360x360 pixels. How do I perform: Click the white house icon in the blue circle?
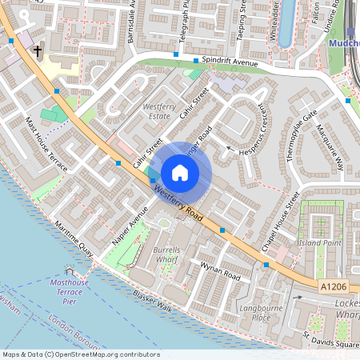(180, 172)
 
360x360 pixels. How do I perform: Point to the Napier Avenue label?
(131, 227)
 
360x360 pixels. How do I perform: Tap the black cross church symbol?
(38, 51)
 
